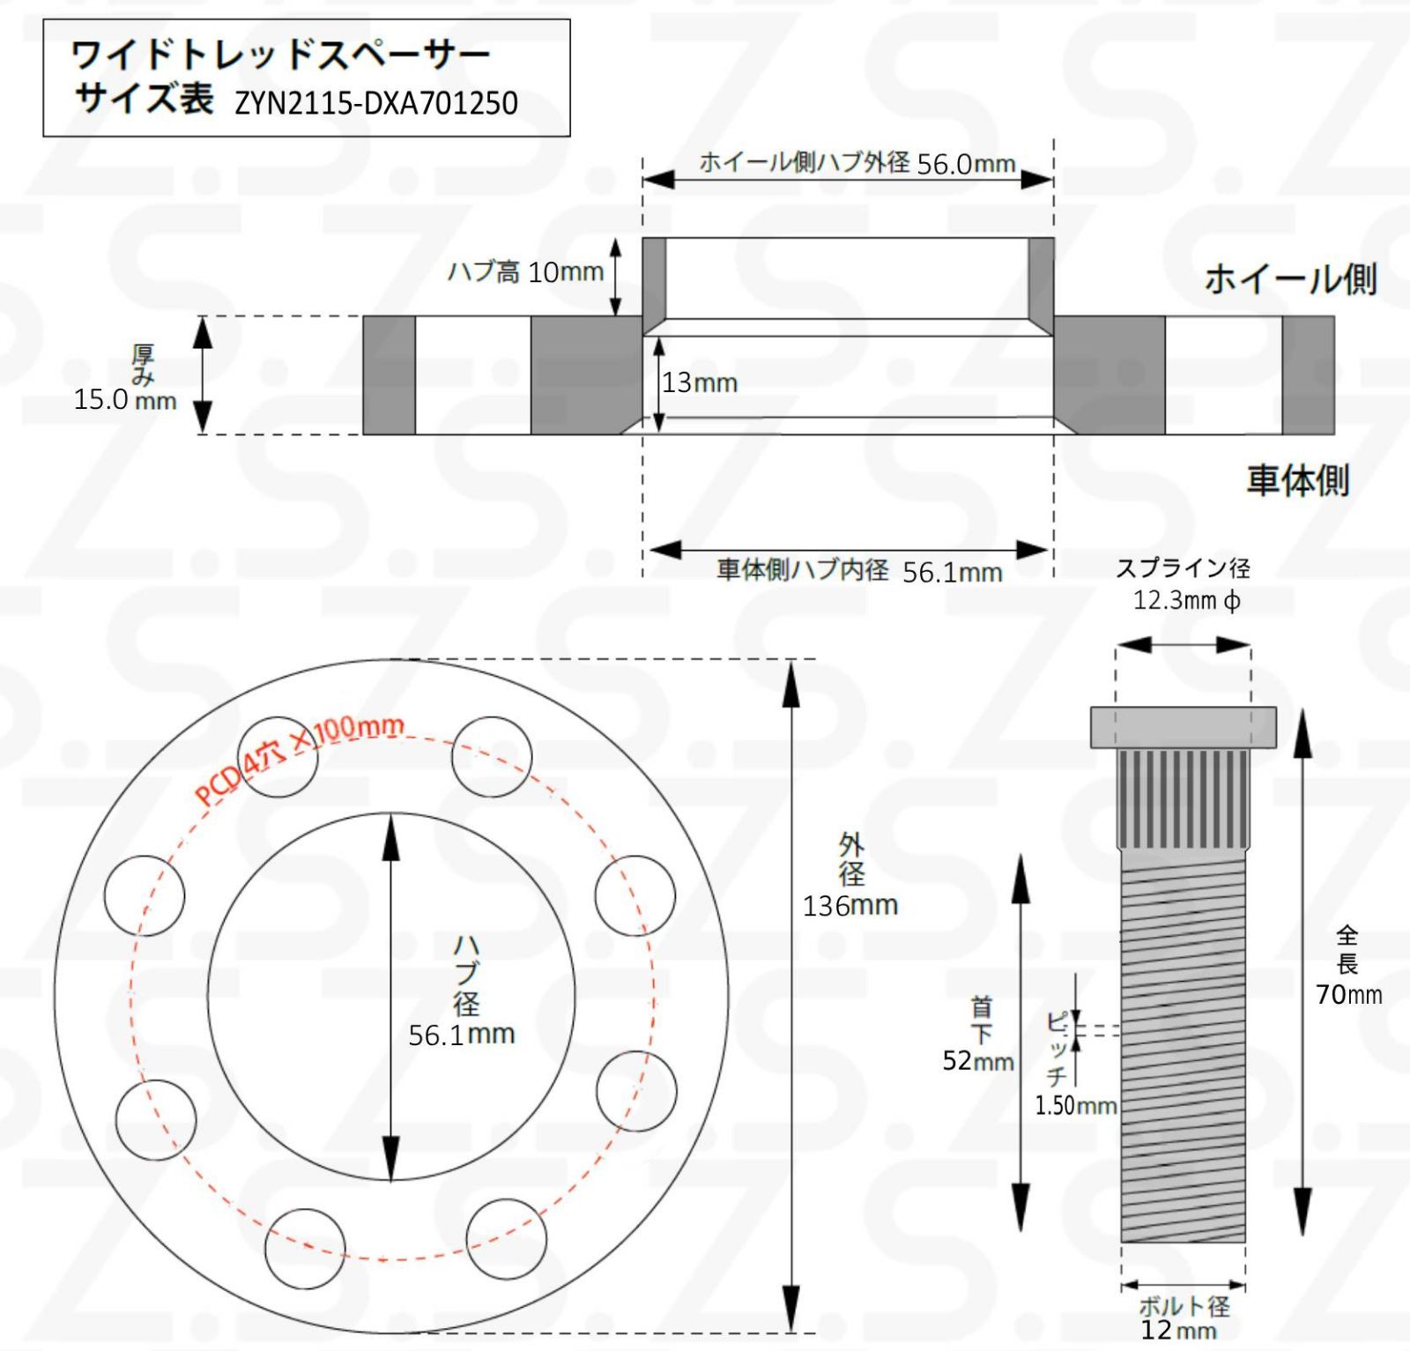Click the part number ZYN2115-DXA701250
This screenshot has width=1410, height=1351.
376,104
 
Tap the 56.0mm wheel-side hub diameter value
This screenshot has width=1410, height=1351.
966,165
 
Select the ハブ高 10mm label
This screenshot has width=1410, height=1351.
526,271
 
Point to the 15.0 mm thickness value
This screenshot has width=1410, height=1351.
124,399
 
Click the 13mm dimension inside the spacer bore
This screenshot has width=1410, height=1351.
700,382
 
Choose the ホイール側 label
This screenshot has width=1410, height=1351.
1289,279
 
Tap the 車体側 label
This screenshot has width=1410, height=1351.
1297,480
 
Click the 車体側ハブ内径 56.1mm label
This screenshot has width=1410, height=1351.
859,571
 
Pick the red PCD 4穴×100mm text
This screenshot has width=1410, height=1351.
300,760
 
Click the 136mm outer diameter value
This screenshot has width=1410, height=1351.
850,905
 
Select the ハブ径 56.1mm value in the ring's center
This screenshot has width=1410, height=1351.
461,1034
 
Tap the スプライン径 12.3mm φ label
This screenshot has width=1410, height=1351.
1184,585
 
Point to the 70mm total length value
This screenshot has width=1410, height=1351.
1348,994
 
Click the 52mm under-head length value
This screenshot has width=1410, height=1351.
977,1060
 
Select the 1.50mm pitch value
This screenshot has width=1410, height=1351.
1075,1105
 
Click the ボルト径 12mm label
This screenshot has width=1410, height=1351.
1183,1318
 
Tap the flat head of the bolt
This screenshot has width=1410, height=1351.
1183,727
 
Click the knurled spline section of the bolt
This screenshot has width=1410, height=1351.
1183,798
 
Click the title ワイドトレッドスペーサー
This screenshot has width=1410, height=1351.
280,56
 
